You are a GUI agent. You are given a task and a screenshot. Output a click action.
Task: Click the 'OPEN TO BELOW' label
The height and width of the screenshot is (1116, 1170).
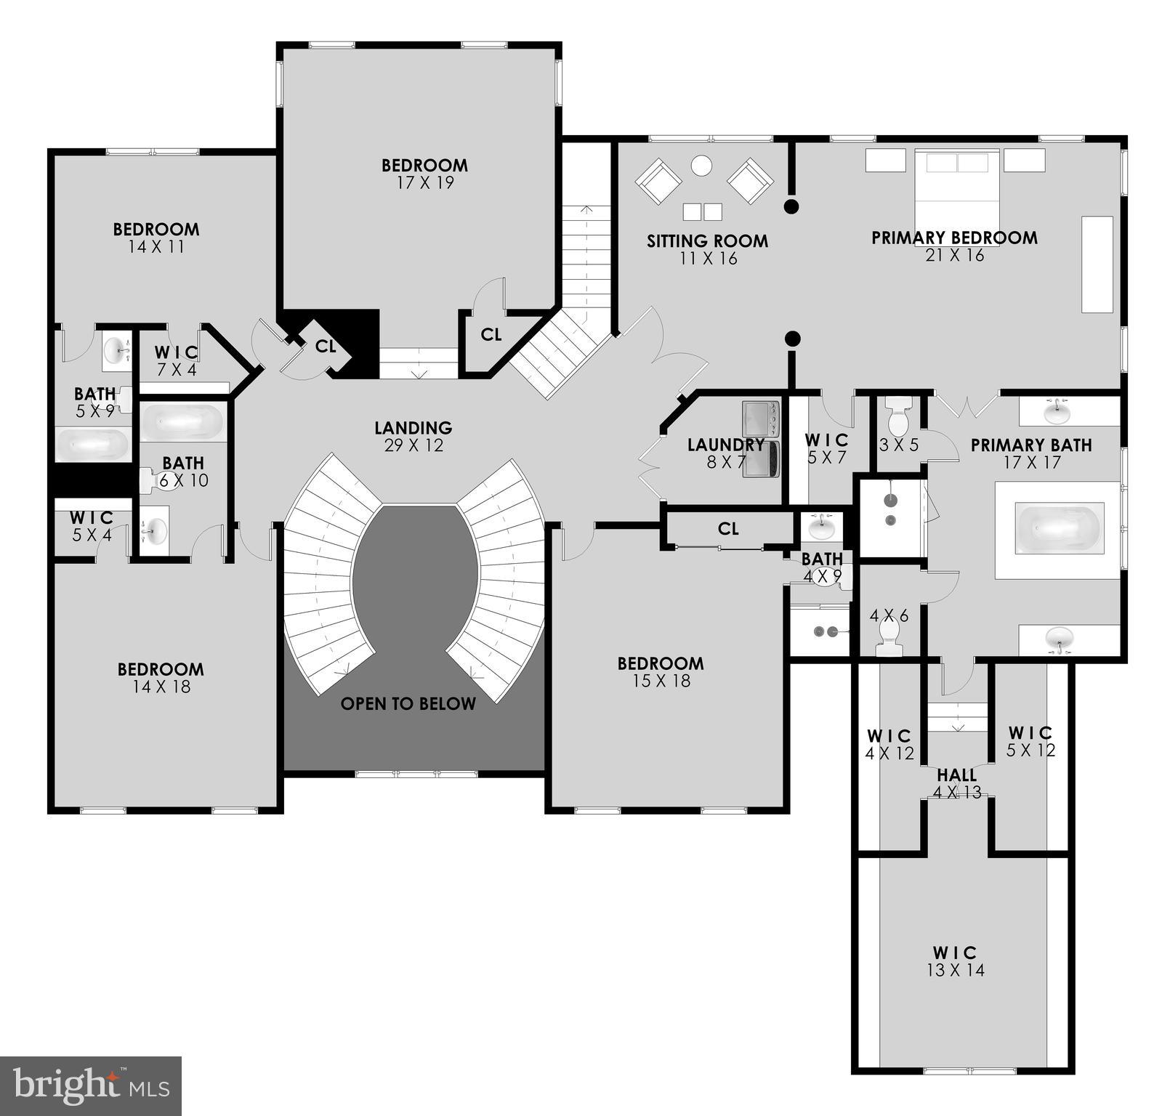408,703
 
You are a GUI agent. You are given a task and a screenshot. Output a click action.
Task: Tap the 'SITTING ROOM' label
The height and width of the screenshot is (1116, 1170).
707,240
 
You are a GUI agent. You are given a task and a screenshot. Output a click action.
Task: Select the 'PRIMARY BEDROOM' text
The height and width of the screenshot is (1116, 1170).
954,238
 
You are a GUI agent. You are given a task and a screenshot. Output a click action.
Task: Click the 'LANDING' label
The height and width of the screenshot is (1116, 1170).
413,428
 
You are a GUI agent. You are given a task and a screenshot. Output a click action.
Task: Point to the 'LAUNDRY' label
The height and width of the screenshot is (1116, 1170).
725,444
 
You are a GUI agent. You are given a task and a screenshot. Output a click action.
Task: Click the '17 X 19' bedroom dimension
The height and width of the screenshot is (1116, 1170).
425,183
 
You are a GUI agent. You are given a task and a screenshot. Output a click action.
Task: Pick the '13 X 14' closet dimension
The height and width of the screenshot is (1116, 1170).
955,970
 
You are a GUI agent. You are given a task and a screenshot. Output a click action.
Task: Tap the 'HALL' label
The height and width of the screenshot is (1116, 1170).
956,775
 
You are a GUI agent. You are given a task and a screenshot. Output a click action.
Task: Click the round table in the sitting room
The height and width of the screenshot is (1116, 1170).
701,166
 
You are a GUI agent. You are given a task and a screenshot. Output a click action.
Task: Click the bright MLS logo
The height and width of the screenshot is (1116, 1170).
91,1086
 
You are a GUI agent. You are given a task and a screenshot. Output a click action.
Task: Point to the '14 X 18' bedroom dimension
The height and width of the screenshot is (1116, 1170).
161,687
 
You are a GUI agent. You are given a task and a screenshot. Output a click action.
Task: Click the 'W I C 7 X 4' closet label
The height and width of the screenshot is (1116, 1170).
176,360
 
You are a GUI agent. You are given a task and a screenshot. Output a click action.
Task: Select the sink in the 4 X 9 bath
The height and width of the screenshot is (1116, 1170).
822,526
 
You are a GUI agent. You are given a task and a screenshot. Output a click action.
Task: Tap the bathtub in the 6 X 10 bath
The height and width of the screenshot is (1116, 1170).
182,421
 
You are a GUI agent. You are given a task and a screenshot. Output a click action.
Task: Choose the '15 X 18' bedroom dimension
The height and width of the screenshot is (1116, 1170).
661,681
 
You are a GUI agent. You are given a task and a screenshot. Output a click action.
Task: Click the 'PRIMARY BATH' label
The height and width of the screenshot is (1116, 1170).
1030,445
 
